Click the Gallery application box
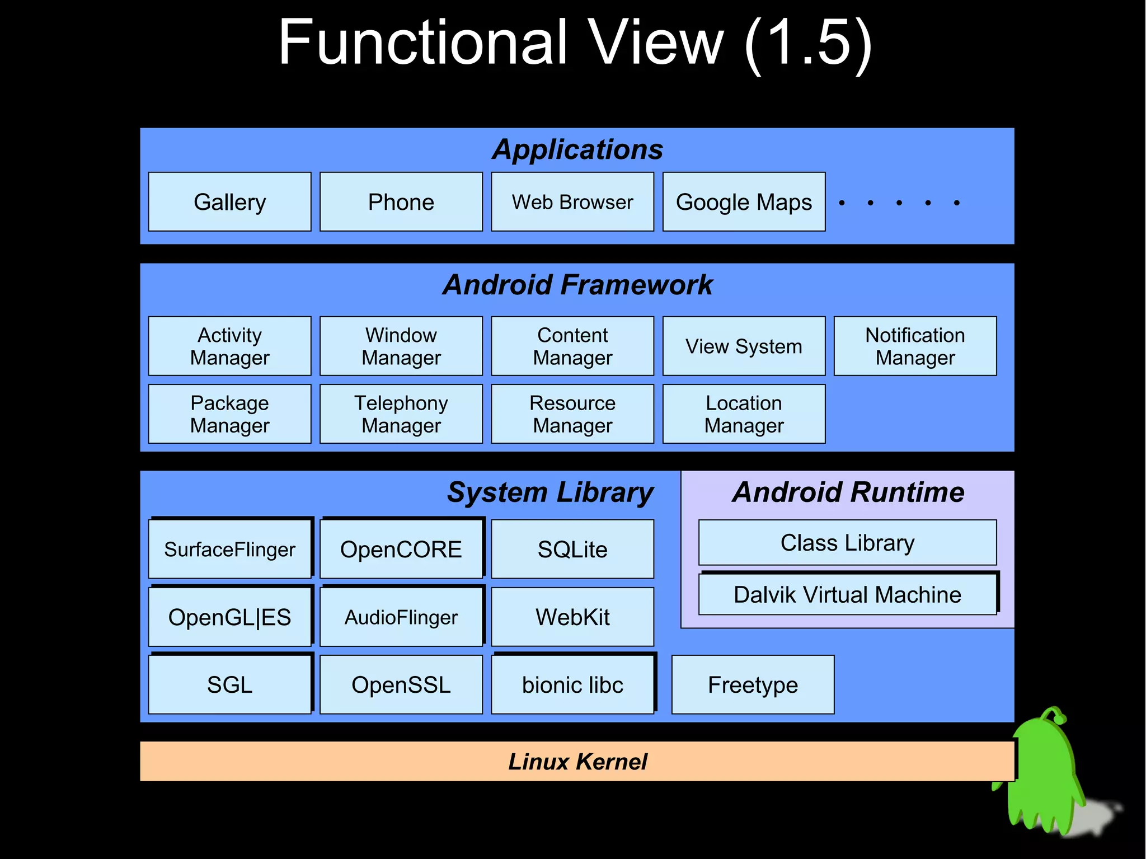[x=229, y=202]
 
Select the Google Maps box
[x=744, y=202]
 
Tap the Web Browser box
[x=572, y=202]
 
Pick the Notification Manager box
[x=915, y=346]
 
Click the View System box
[x=744, y=346]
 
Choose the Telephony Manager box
[x=401, y=414]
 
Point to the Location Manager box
[x=744, y=414]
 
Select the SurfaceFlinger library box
[x=229, y=550]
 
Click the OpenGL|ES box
[x=229, y=617]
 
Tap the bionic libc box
[x=572, y=685]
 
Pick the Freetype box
[x=753, y=685]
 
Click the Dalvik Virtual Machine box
[x=847, y=595]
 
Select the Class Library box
[x=847, y=543]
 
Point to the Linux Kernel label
[x=577, y=762]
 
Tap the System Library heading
[x=550, y=492]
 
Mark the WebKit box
[x=572, y=617]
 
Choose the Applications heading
[x=577, y=149]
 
